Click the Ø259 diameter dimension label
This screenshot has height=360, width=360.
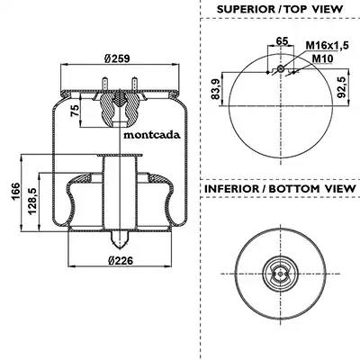[117, 58]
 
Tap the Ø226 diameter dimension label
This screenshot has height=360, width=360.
[121, 260]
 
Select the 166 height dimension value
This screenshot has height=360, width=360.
[15, 191]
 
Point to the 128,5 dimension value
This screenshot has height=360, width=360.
[32, 201]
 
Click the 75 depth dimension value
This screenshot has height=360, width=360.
[75, 111]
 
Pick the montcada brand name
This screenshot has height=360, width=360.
[152, 135]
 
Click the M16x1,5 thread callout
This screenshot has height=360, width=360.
[327, 46]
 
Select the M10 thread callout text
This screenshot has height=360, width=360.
[322, 58]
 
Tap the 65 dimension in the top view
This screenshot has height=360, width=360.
[282, 40]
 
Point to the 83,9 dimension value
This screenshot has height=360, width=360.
[215, 88]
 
